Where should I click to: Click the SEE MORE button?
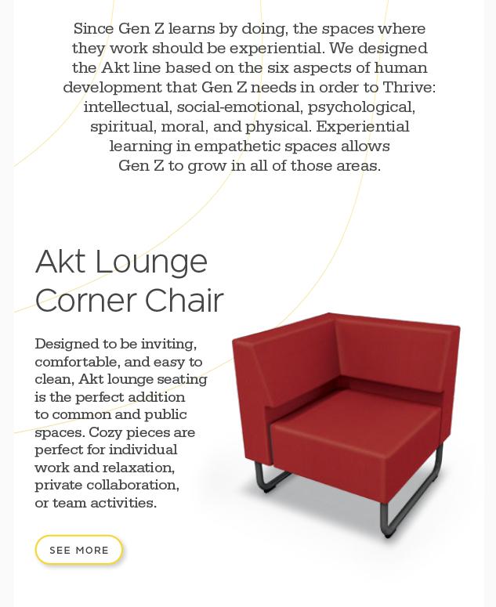[x=79, y=550]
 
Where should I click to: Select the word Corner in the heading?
[x=85, y=301]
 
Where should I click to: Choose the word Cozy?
[x=106, y=432]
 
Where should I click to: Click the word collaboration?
[x=138, y=485]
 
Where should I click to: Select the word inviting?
[x=168, y=344]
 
